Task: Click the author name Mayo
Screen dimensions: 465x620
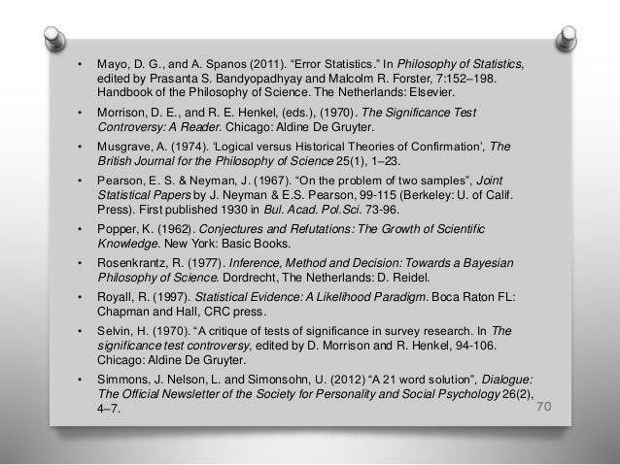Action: pyautogui.click(x=114, y=64)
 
